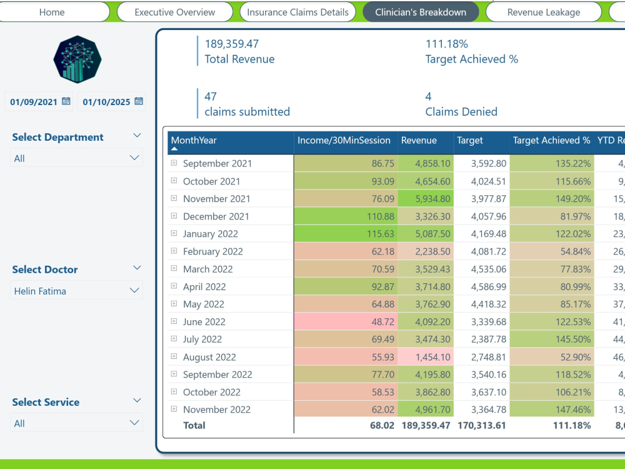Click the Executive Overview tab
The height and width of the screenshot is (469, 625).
click(174, 12)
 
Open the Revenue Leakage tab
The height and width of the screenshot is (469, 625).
click(543, 12)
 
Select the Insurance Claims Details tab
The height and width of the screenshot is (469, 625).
click(297, 12)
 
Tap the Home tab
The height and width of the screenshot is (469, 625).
click(52, 12)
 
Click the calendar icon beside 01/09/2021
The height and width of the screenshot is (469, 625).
click(66, 101)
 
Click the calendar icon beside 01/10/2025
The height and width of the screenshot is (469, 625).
click(139, 101)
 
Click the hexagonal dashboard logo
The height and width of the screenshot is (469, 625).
click(77, 59)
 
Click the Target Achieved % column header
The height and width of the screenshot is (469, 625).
click(551, 140)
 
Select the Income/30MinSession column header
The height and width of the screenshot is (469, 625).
click(344, 140)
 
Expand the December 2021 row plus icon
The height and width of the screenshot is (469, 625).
click(174, 216)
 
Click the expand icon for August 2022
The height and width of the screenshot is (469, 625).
click(174, 356)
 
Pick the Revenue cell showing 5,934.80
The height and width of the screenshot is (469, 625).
click(426, 199)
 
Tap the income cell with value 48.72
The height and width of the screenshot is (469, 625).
click(346, 321)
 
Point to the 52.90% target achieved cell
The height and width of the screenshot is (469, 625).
click(552, 357)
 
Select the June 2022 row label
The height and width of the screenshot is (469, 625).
click(204, 322)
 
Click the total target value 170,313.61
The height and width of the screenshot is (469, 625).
click(481, 425)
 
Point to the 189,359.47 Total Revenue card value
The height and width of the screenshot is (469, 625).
click(232, 44)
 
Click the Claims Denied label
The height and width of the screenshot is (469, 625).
click(461, 112)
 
